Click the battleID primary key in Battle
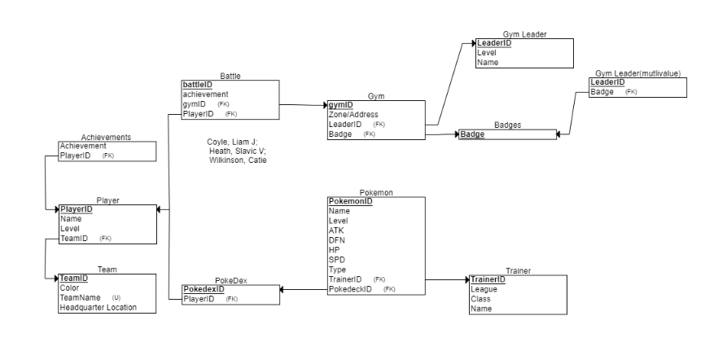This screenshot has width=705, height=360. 197,85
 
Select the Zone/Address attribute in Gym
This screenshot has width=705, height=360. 352,115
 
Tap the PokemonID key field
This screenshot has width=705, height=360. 350,201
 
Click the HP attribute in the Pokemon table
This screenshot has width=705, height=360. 334,250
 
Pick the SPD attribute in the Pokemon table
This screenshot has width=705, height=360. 336,260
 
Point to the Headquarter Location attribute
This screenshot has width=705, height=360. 98,307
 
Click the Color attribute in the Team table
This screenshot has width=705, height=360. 69,288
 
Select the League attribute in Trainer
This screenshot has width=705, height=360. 484,289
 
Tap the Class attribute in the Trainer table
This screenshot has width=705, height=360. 480,299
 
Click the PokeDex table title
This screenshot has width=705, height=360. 230,280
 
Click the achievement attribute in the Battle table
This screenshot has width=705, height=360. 205,94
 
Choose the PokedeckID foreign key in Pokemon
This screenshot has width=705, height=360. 350,289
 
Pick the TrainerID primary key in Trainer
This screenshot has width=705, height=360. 488,279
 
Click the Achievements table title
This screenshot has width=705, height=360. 106,137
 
